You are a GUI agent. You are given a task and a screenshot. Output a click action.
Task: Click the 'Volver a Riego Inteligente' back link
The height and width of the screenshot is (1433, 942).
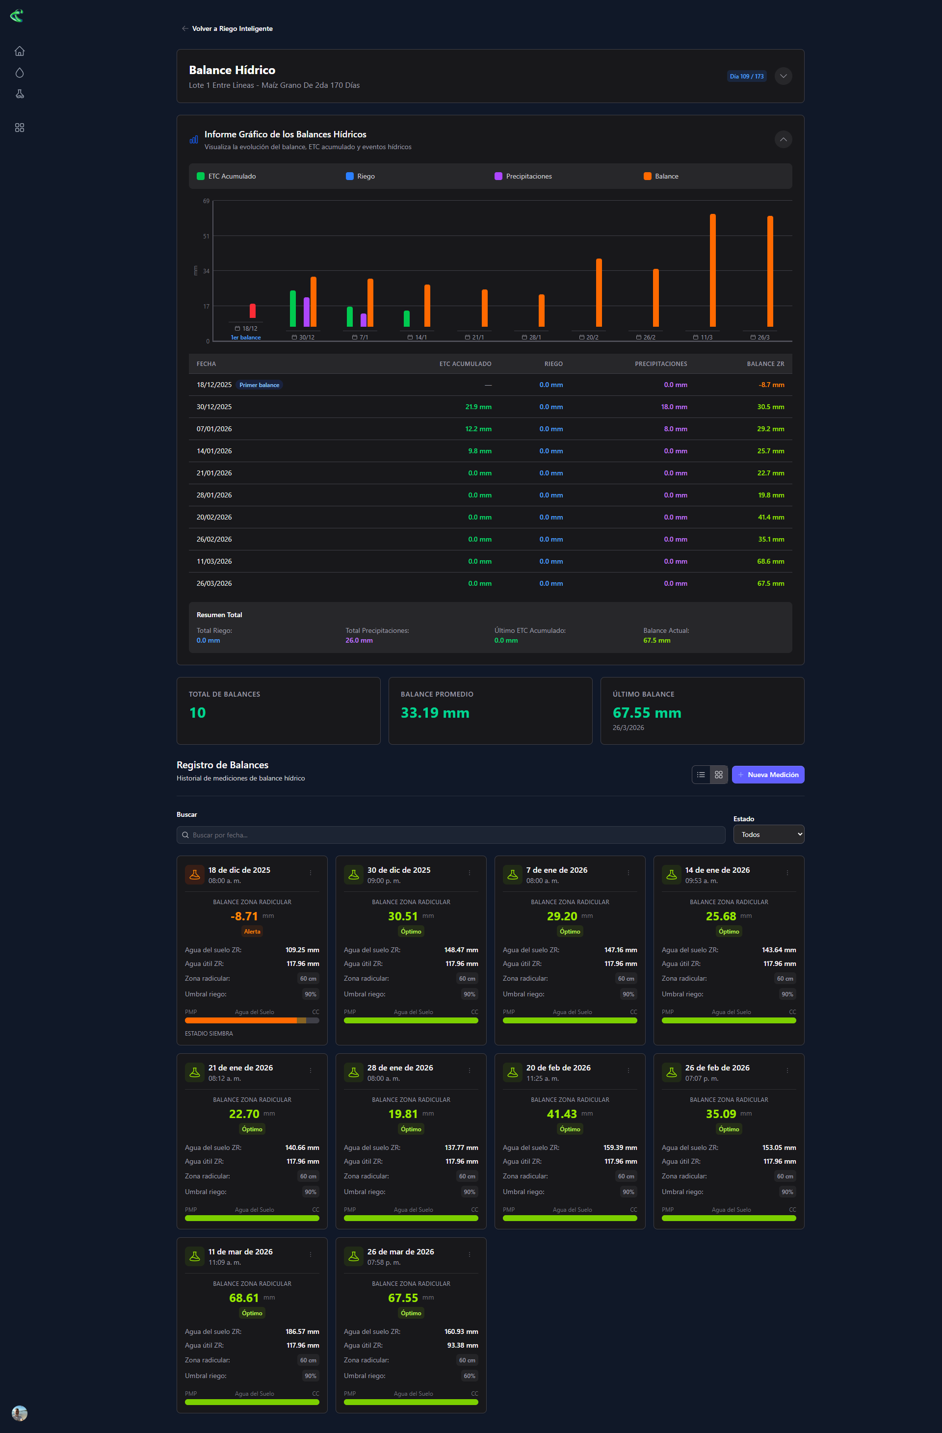[227, 28]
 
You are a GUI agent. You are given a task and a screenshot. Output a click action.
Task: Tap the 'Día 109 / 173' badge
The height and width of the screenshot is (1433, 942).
[746, 77]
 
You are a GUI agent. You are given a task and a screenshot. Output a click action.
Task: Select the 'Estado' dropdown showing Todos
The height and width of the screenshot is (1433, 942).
[768, 834]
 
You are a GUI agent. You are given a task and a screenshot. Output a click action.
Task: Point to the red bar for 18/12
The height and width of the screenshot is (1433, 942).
[252, 311]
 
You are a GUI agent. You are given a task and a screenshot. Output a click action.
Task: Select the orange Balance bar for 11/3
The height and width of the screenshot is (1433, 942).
[712, 270]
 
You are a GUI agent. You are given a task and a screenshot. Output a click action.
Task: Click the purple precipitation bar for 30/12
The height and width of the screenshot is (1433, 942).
[307, 312]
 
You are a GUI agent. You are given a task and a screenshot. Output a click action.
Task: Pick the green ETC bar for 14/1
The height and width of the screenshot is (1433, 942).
[407, 318]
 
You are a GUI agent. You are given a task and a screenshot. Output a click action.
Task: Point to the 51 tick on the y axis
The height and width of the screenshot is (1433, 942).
[206, 236]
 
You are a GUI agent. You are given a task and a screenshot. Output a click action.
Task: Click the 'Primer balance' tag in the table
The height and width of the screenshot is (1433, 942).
[259, 385]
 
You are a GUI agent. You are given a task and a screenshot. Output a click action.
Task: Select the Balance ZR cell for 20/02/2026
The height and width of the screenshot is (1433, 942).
[770, 517]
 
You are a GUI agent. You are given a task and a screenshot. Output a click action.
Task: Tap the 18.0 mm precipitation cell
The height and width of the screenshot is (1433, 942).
[674, 407]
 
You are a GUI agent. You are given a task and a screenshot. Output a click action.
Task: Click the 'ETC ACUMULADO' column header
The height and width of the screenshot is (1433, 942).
[465, 364]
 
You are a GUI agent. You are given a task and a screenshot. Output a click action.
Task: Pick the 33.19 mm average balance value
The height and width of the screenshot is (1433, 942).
[435, 713]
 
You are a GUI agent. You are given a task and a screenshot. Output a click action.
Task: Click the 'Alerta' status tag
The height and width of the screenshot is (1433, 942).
[252, 932]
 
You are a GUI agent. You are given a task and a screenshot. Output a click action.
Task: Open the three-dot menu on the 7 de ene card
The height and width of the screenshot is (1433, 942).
[628, 872]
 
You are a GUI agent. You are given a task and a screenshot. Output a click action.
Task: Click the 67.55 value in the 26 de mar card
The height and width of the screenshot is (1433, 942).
[403, 1298]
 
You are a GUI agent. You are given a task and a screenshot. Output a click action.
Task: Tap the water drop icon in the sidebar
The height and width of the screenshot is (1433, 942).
[19, 73]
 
